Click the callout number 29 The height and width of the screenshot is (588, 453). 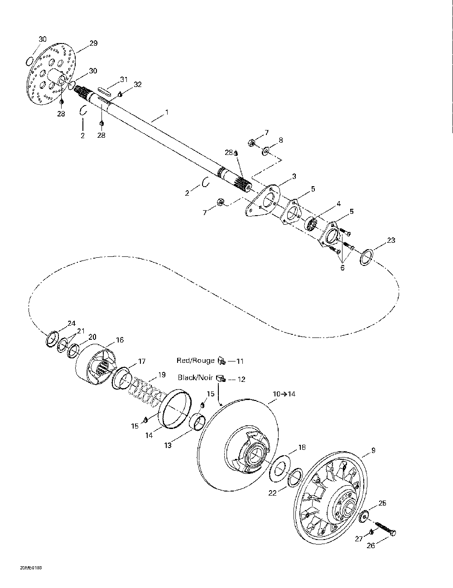coord(93,43)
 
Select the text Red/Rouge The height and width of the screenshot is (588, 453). coord(196,361)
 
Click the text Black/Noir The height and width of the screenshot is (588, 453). coord(195,377)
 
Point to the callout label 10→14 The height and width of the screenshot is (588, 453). coord(284,394)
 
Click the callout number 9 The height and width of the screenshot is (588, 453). coord(373,450)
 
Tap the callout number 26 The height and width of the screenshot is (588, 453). coord(371,546)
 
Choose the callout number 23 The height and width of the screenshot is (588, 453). coord(390,240)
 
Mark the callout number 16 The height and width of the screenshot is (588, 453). coord(120,340)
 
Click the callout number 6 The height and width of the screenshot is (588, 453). coord(342,268)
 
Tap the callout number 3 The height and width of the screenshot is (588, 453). coord(294,176)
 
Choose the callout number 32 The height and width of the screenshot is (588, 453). coord(137,84)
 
